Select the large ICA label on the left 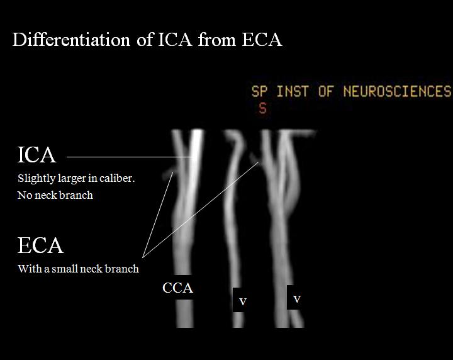coord(36,155)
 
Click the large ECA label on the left coord(40,245)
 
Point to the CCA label coord(177,288)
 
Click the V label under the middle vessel coord(243,301)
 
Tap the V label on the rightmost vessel coord(297,298)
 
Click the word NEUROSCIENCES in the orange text coord(398,92)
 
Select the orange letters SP coord(259,92)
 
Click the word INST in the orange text coord(293,92)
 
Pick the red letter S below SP coord(262,108)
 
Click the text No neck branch coord(55,195)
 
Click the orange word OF coord(325,92)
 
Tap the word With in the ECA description coord(28,269)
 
